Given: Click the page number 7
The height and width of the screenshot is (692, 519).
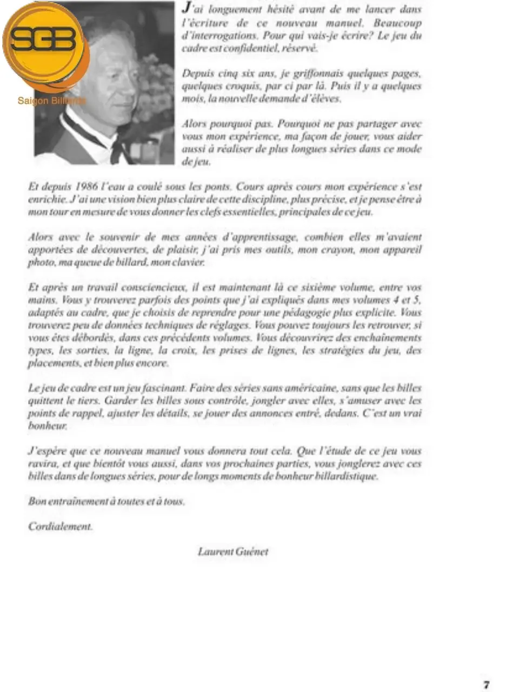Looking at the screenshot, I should tap(487, 684).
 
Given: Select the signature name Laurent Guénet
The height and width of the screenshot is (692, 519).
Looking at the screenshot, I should tap(232, 551).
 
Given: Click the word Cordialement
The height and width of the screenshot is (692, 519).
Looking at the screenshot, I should tap(61, 526).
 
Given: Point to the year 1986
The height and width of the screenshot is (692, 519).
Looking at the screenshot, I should tap(86, 187).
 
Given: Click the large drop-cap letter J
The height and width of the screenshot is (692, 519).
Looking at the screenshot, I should tap(186, 8).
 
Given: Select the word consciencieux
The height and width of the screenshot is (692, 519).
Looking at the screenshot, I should tap(153, 287).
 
